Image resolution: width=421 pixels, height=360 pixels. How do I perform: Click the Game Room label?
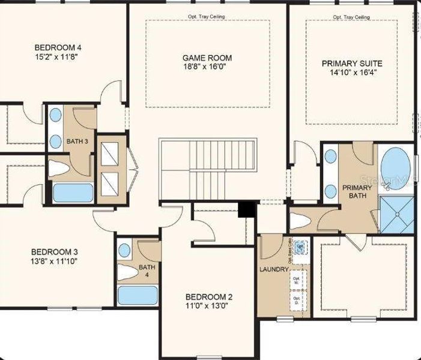click(207, 58)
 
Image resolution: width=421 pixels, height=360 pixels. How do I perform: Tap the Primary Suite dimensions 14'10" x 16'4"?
click(351, 73)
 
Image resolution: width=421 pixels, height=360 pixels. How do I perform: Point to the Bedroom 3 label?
click(54, 252)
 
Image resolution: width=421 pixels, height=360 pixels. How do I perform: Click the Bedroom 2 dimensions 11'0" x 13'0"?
click(208, 305)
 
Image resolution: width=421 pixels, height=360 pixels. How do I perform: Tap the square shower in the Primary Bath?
click(397, 213)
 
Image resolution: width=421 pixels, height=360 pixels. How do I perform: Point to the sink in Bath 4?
click(125, 250)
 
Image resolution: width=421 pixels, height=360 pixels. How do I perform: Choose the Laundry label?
click(274, 270)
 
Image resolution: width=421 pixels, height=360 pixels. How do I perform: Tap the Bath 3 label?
click(77, 142)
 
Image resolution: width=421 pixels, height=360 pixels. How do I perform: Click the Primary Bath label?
click(357, 191)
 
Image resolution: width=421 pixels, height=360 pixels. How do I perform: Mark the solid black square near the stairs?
click(246, 209)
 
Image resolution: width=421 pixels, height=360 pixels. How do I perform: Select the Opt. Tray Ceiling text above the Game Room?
click(207, 17)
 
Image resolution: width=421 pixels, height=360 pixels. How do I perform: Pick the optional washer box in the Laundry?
click(297, 280)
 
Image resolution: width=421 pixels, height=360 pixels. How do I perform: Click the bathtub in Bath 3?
click(73, 193)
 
